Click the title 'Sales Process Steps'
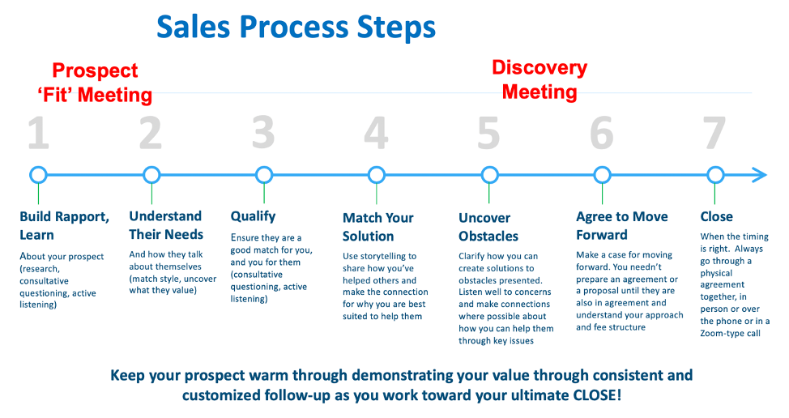(x=296, y=27)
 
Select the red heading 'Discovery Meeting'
(x=539, y=79)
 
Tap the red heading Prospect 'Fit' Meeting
(x=95, y=83)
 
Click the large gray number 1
(x=38, y=133)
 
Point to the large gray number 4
(x=376, y=133)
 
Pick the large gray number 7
(x=714, y=133)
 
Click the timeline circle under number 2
(x=151, y=175)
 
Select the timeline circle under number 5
(x=488, y=175)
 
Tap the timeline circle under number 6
(x=601, y=175)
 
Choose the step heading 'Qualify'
(x=253, y=216)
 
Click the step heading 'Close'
(x=716, y=216)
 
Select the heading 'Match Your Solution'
(x=377, y=226)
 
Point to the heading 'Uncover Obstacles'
(x=488, y=227)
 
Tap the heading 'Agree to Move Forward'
(x=621, y=226)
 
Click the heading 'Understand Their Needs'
(x=165, y=225)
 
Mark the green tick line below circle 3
(x=263, y=194)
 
